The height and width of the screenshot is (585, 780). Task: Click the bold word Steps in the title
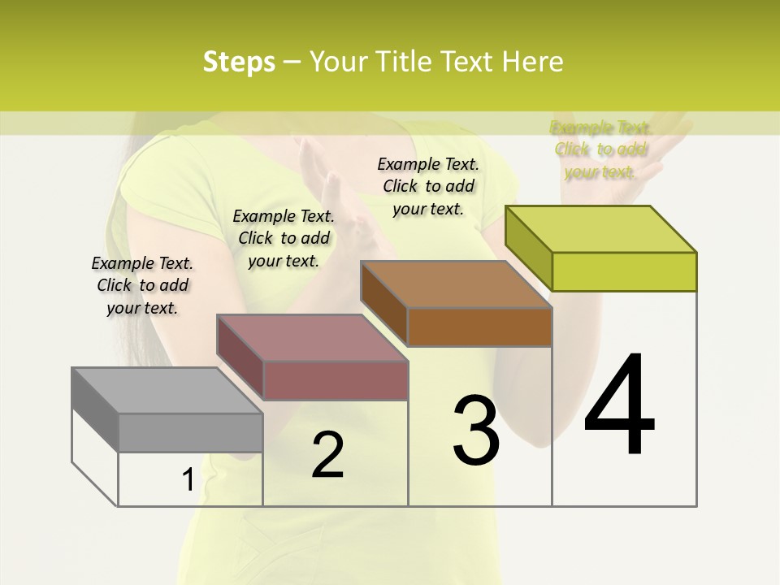tap(239, 62)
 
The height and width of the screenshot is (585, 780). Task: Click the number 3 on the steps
tap(476, 431)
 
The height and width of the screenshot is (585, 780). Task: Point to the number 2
tap(327, 455)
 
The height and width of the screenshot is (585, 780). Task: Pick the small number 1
tap(188, 480)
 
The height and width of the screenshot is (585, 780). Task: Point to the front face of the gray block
tap(191, 432)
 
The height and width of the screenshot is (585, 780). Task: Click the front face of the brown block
tap(479, 327)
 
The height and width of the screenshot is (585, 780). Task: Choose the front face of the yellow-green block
tap(624, 271)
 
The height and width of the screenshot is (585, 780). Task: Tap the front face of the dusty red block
tap(336, 380)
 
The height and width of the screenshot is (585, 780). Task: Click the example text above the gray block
tap(143, 285)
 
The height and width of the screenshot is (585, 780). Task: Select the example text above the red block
tap(284, 238)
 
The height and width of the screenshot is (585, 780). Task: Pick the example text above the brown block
tap(428, 186)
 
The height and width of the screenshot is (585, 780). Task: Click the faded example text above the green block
tap(601, 149)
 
